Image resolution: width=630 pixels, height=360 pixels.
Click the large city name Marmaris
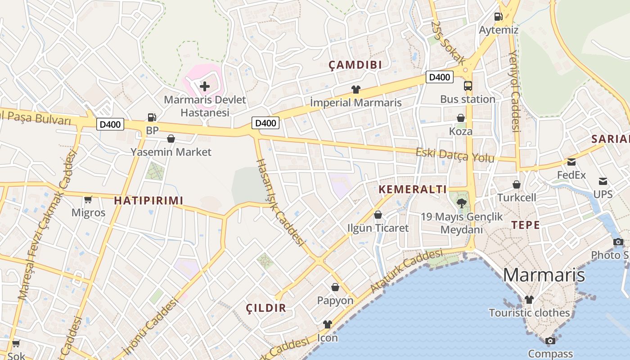544,274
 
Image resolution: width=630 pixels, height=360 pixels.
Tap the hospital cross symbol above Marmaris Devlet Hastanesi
205,85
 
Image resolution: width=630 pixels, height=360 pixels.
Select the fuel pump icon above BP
152,117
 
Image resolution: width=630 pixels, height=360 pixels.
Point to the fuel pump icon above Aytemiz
498,17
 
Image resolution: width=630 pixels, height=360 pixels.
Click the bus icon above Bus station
468,85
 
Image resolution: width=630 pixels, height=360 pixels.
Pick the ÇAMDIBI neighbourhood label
355,65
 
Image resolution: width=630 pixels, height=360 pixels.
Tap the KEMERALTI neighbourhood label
413,189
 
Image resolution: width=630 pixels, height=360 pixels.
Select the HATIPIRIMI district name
148,201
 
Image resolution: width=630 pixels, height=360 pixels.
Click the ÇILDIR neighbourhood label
266,308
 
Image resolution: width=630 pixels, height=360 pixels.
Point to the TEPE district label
525,225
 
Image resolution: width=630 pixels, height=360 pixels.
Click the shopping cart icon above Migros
88,199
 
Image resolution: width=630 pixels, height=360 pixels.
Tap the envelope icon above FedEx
571,162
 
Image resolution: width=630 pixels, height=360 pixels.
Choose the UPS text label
603,194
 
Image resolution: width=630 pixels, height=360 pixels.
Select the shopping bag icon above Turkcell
517,184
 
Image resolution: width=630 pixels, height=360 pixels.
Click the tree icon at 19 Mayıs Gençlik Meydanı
461,203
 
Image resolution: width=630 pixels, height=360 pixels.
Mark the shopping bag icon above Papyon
335,287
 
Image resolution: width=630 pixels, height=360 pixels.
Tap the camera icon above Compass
550,341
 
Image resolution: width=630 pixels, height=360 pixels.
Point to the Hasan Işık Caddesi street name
279,202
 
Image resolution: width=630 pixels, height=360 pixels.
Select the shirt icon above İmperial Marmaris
355,89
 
